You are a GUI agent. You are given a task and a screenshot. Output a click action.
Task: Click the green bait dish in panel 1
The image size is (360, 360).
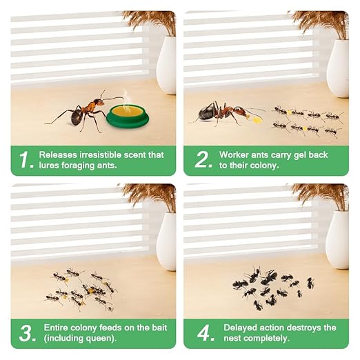(x=127, y=117)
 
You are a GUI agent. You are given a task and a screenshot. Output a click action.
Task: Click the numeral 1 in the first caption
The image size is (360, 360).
(x=26, y=159)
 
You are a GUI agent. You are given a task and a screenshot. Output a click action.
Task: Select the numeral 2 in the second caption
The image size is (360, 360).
(x=202, y=159)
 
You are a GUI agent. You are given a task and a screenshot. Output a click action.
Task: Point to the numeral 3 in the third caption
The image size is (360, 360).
(x=26, y=332)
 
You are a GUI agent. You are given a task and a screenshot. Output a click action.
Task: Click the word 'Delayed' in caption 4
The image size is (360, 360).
(x=239, y=328)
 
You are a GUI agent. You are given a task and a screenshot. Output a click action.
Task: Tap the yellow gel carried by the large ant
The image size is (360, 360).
(x=258, y=119)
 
